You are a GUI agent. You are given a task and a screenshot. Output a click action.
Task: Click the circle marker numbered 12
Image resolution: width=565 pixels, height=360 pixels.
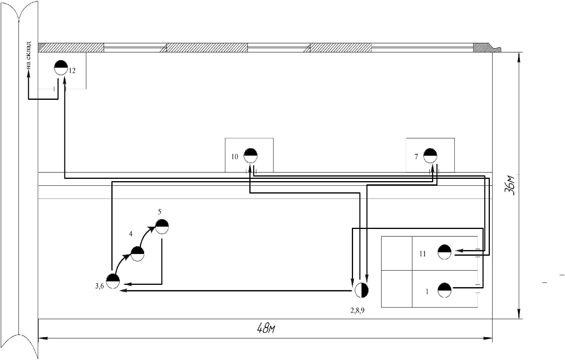[x=61, y=67]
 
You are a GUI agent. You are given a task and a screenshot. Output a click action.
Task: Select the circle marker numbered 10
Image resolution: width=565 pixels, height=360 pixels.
[x=251, y=155]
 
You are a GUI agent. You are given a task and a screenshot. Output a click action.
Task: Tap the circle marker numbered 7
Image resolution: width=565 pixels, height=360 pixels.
[x=430, y=156]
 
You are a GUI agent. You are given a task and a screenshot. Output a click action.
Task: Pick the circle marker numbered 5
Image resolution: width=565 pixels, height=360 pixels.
[x=162, y=227]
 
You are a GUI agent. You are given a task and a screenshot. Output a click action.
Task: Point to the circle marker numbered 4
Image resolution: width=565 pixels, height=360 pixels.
[x=138, y=254]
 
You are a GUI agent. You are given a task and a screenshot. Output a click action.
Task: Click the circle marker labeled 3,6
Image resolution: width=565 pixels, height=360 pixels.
[x=113, y=281]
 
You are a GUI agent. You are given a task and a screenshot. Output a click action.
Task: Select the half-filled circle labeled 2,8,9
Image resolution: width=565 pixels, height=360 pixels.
[x=362, y=290]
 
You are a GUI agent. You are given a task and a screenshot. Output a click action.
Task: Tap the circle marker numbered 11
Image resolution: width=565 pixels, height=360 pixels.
[x=445, y=252]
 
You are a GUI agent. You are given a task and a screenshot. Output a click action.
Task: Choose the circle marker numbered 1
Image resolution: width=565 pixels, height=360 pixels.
[x=445, y=290]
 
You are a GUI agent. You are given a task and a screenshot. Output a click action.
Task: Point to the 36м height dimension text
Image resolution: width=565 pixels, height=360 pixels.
[x=510, y=185]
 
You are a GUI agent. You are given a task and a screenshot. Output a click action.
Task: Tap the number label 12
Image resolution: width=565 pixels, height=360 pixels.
[x=72, y=71]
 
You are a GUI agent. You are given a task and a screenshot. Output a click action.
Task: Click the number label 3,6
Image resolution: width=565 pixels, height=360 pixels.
[x=99, y=286]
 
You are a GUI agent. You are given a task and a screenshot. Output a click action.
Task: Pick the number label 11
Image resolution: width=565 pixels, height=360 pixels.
[x=423, y=254]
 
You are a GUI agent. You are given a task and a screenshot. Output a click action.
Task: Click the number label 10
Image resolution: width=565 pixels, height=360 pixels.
[x=235, y=157]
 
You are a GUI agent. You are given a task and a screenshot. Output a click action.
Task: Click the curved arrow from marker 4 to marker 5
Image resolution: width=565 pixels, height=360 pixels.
[x=146, y=236]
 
